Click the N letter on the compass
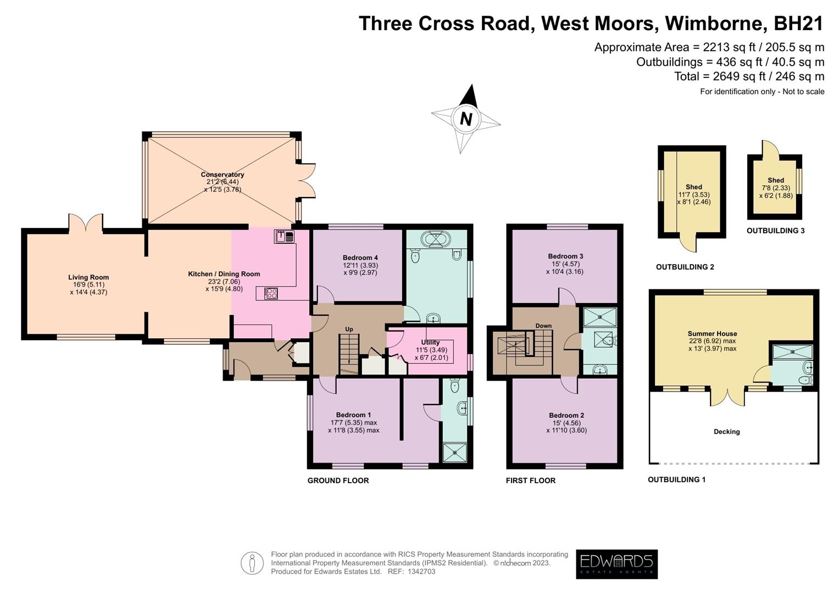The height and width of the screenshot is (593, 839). pos(466,119)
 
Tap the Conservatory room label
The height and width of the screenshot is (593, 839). pos(222,175)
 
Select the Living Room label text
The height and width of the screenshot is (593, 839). pos(88,277)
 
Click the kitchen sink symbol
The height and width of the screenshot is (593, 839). pos(285,237)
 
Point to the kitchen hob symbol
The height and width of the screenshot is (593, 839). pos(271,294)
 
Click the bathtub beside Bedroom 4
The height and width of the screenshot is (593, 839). pos(436,239)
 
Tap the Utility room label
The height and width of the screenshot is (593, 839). pos(430,342)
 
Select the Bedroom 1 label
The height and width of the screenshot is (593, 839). pos(353,415)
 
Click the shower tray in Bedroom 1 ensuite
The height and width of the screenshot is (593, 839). pos(455,452)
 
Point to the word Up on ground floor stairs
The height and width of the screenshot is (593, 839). pos(349,329)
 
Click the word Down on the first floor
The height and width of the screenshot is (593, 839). pos(543,326)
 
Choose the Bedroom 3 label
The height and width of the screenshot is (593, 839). pos(565,256)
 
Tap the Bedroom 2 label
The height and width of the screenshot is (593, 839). pos(566,416)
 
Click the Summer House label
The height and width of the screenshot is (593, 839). pos(712,333)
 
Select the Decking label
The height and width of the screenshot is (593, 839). pos(726,432)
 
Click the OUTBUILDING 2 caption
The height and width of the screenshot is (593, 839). pos(685,267)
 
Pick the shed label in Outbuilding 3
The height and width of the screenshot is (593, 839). pos(776,180)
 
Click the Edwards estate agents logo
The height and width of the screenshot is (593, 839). pos(616,564)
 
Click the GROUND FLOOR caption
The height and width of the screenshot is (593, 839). pos(338,480)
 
